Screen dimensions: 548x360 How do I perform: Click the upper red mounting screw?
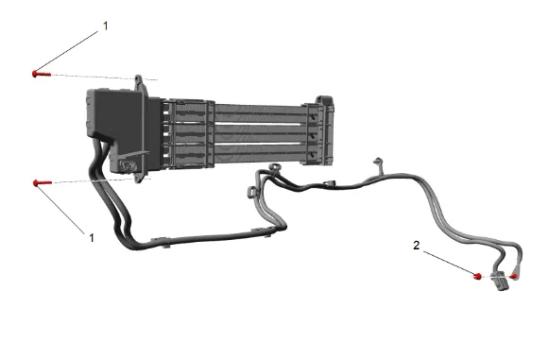point(42,74)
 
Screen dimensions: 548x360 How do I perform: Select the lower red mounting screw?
point(43,182)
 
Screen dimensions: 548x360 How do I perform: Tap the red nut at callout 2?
point(477,276)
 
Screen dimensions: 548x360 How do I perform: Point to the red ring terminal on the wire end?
point(514,277)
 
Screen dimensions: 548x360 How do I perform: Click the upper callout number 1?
point(106,26)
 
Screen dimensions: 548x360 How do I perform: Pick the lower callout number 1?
point(92,238)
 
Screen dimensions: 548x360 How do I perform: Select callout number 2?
point(416,245)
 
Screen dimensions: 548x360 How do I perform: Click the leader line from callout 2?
point(449,263)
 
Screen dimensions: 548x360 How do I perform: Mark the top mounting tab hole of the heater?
point(138,79)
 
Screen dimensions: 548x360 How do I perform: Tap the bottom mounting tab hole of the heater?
point(139,179)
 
